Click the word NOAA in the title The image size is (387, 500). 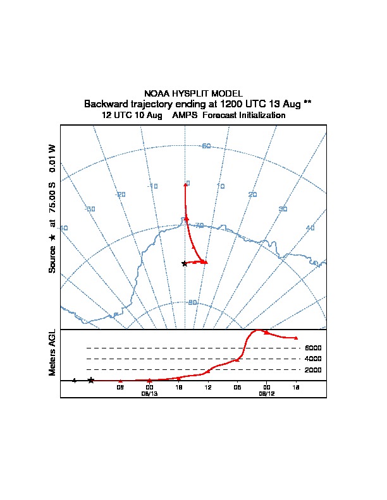pos(156,93)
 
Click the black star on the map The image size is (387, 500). pos(184,263)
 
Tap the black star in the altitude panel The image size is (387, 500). pos(91,380)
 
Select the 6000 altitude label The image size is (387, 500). pos(313,348)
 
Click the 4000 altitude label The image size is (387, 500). pos(313,359)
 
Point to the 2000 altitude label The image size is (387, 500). pos(313,370)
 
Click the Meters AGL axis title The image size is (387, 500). pos(52,352)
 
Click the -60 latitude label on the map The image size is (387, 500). pos(206,146)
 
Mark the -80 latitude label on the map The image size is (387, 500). pos(192,302)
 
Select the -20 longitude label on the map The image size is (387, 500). pos(120,194)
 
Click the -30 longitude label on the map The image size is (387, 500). pos(90,209)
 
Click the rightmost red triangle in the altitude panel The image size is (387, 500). pos(296,338)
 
